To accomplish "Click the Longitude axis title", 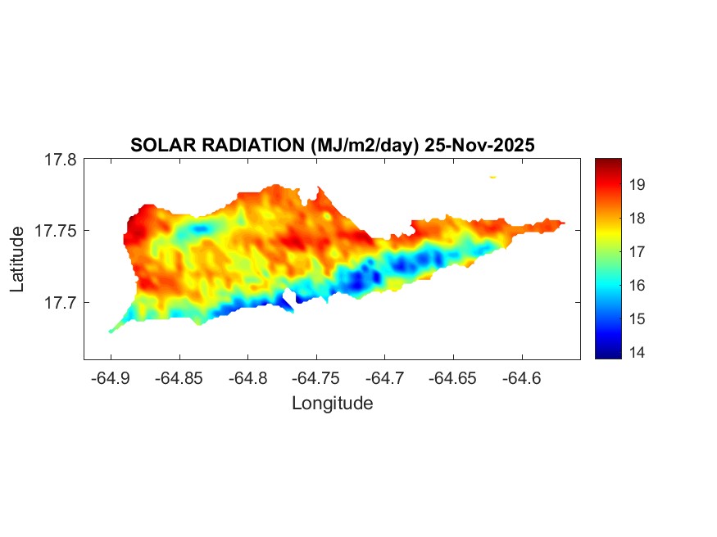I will click(332, 403).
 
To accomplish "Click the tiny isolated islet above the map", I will click(493, 176).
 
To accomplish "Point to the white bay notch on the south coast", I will click(288, 300).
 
